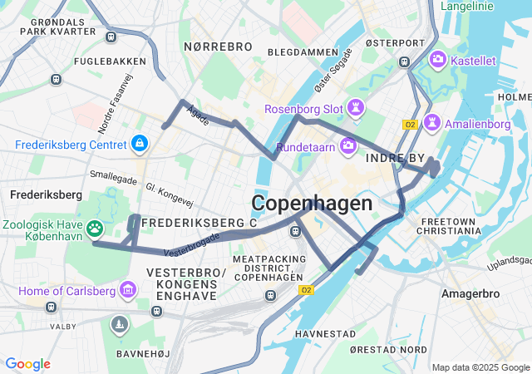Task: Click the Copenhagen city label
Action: coord(312,204)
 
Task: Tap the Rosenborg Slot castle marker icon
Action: coord(356,108)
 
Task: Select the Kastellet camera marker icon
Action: coord(437,61)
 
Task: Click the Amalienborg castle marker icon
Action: coord(431,123)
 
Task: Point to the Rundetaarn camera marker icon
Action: coord(347,146)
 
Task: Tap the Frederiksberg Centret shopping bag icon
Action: coord(140,145)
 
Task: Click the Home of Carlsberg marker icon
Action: coord(128,290)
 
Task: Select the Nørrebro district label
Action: coord(217,47)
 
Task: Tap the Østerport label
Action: coord(395,42)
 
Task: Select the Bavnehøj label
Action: coord(143,353)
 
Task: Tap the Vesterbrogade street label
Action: coord(192,244)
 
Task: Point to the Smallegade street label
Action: coord(116,175)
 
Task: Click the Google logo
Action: coord(27,364)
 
